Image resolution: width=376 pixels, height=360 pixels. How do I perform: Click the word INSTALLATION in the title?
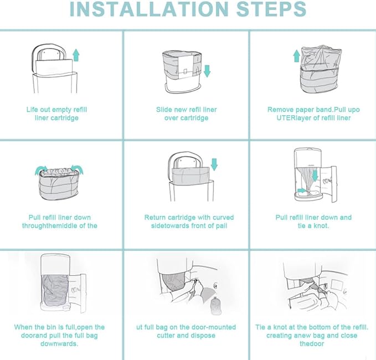click(148, 9)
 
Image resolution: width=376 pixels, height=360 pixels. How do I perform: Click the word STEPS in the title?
click(271, 9)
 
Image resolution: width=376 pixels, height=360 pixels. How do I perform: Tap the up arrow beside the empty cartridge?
click(76, 55)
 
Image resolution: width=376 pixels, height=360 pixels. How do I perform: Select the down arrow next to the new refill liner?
click(207, 71)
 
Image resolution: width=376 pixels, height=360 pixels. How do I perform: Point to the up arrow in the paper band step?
click(297, 56)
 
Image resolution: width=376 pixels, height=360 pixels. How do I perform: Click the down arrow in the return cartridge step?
click(214, 164)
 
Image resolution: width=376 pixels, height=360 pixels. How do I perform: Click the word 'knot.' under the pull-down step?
click(321, 225)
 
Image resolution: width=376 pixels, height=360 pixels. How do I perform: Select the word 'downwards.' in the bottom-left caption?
click(59, 344)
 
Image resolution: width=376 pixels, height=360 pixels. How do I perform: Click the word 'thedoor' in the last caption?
click(312, 344)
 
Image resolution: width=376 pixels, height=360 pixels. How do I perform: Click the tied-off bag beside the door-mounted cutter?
click(216, 305)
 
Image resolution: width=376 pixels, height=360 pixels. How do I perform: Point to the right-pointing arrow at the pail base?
click(302, 191)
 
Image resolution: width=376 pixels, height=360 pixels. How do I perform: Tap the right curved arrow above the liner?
click(78, 169)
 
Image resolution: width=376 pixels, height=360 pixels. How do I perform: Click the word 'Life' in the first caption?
click(32, 110)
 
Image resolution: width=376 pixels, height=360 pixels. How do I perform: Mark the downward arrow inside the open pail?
click(315, 174)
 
